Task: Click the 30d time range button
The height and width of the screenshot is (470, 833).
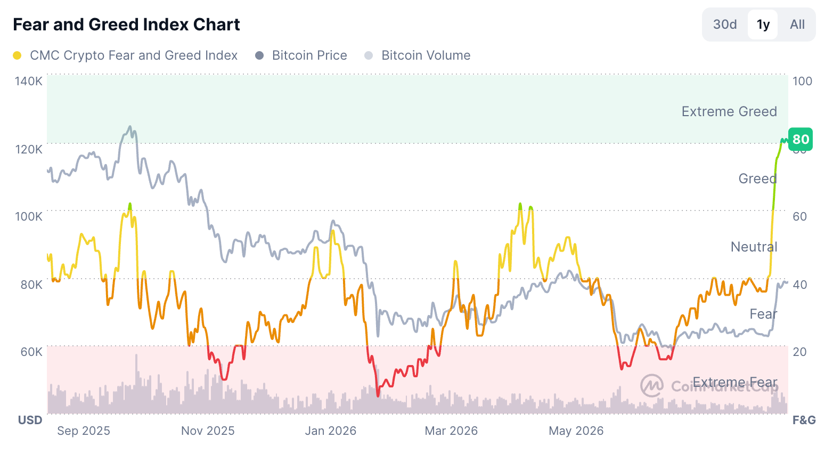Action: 725,25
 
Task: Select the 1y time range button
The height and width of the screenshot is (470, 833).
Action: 763,25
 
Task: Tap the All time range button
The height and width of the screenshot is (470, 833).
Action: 797,25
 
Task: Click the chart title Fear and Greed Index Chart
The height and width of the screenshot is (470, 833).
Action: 126,25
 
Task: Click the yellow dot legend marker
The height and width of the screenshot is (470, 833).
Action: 17,55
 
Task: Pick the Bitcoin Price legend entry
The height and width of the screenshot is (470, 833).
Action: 301,55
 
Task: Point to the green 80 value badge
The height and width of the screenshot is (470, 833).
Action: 801,139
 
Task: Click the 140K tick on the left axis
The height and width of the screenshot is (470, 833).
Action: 29,81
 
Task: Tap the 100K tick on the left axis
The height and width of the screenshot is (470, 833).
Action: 29,216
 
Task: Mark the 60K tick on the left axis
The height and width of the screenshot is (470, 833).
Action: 31,352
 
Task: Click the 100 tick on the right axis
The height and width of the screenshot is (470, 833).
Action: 802,81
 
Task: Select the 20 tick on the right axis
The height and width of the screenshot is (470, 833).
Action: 799,352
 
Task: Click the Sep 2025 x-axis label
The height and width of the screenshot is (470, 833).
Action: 84,431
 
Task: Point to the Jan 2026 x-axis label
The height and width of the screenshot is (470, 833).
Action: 331,431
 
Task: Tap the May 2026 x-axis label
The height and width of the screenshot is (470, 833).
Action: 576,431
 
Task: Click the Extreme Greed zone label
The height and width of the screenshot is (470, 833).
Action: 729,112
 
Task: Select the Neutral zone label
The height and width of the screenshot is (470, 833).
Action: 754,247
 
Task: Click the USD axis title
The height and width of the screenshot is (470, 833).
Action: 30,420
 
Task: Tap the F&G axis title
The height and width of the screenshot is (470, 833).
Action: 804,420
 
